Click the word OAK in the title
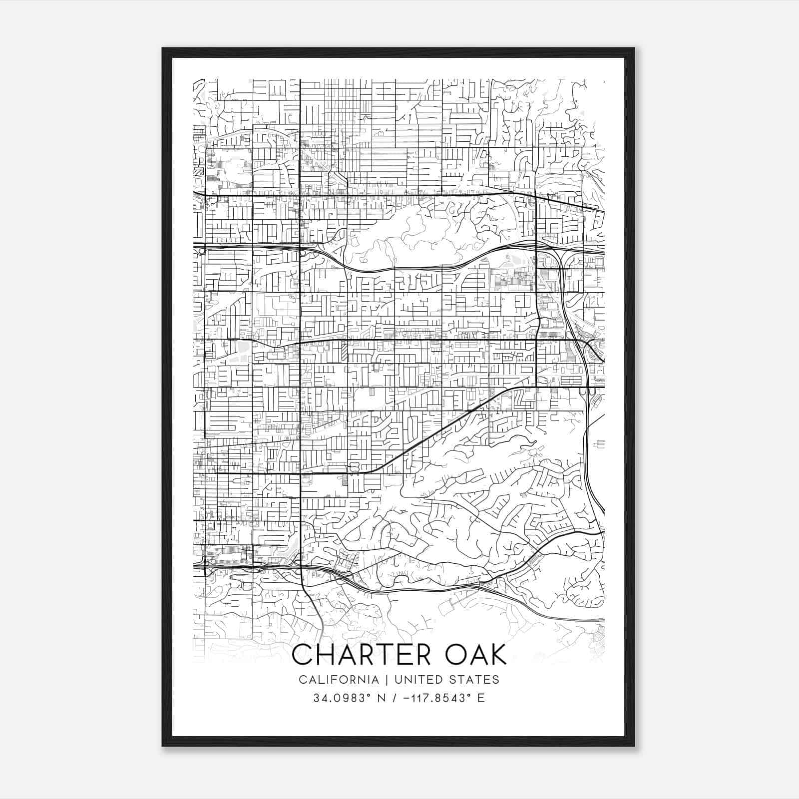point(476,655)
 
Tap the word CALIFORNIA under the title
point(339,680)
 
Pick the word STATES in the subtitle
point(476,680)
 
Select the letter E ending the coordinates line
point(481,698)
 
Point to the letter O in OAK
point(454,655)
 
